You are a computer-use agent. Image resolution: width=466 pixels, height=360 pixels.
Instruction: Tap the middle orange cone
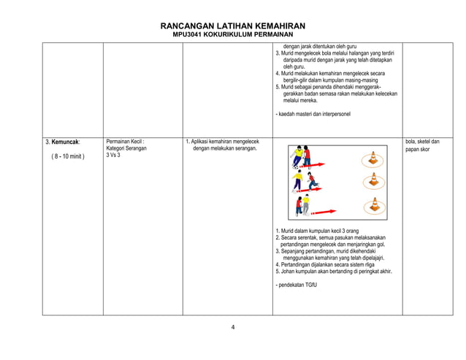(373, 180)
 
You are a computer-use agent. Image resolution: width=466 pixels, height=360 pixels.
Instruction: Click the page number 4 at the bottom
(233, 327)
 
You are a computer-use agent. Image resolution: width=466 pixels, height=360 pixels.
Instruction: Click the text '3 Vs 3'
(113, 156)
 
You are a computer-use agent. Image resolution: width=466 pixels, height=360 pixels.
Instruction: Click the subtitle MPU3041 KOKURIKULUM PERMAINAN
(232, 35)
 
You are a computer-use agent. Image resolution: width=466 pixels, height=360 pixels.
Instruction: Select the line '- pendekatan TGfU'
(297, 285)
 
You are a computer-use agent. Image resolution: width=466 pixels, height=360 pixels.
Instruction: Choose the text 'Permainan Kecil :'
(125, 141)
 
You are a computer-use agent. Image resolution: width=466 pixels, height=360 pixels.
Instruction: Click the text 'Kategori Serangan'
(126, 148)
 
